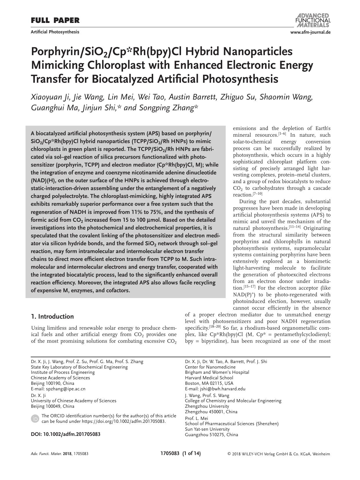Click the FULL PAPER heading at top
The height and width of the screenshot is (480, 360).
coord(55,21)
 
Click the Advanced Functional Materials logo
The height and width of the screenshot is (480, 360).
coord(313,20)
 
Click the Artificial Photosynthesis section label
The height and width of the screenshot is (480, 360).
coord(55,32)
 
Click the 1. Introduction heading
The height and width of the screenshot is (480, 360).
coord(52,316)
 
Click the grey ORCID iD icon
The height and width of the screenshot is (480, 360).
coord(35,418)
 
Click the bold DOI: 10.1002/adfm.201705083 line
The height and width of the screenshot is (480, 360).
coord(66,434)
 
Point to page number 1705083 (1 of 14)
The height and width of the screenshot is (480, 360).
coord(180,453)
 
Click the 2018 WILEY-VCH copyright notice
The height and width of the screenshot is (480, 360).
coord(279,454)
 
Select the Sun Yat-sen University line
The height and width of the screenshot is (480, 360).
coord(207,429)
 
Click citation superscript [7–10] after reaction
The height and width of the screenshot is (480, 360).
coord(258,194)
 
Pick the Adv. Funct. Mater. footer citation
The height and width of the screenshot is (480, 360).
coord(59,454)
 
